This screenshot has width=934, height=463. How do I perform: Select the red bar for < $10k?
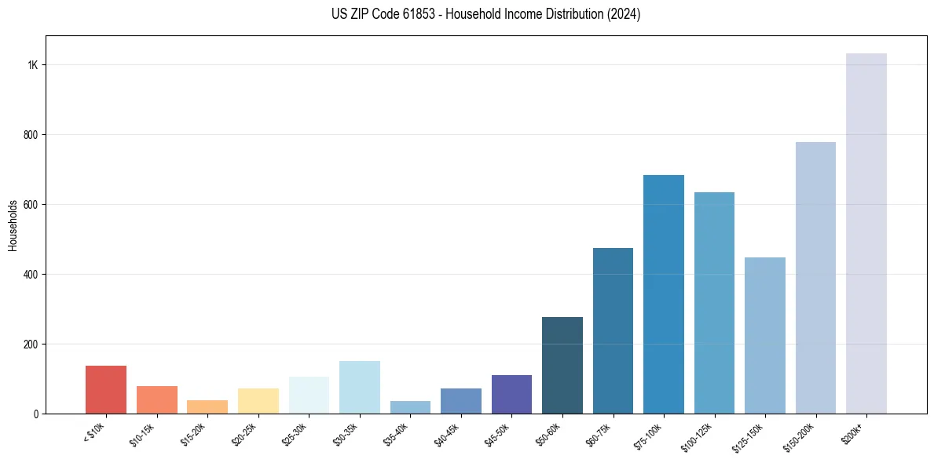pos(106,389)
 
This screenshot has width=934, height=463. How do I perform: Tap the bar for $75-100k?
pos(663,294)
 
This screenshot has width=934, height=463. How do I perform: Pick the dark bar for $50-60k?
pos(562,365)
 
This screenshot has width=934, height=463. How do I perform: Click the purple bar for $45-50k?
pos(511,394)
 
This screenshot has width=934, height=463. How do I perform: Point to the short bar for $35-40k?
pos(410,407)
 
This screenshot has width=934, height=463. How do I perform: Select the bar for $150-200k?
pos(815,278)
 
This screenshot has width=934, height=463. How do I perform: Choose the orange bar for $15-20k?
pos(207,406)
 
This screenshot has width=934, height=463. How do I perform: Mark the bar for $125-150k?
pos(764,335)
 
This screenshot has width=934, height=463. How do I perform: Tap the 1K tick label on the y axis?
pos(33,65)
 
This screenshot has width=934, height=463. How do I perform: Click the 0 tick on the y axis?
pos(36,414)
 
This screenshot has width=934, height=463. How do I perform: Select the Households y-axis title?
pos(13,224)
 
